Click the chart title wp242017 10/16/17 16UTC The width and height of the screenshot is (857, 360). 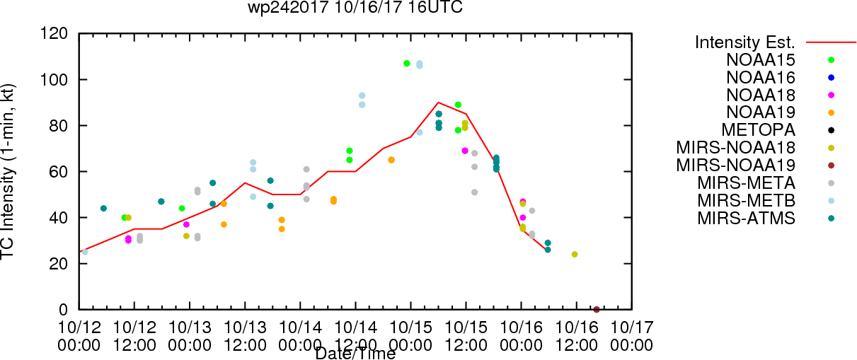(x=355, y=7)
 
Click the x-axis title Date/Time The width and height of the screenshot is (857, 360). (x=355, y=354)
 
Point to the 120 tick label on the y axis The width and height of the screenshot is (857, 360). (x=54, y=34)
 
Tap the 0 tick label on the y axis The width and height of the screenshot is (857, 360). (x=63, y=310)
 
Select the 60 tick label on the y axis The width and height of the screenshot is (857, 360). (x=59, y=172)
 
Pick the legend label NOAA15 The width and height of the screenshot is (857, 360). (x=761, y=60)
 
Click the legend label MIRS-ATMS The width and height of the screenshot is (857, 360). (x=746, y=219)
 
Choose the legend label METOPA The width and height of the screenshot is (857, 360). (x=759, y=130)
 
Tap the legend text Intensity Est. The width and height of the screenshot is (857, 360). (x=745, y=42)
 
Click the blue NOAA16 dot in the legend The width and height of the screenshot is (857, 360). (x=831, y=78)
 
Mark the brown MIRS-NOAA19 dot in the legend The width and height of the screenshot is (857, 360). (x=831, y=166)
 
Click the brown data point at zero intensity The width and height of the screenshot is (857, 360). (x=596, y=310)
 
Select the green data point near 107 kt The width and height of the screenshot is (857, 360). (x=407, y=64)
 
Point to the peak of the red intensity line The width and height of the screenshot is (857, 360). (x=438, y=103)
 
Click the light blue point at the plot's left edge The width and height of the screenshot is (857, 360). (x=85, y=252)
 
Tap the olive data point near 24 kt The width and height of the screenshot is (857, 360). (x=574, y=254)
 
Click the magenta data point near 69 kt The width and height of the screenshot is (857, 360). (x=465, y=151)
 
